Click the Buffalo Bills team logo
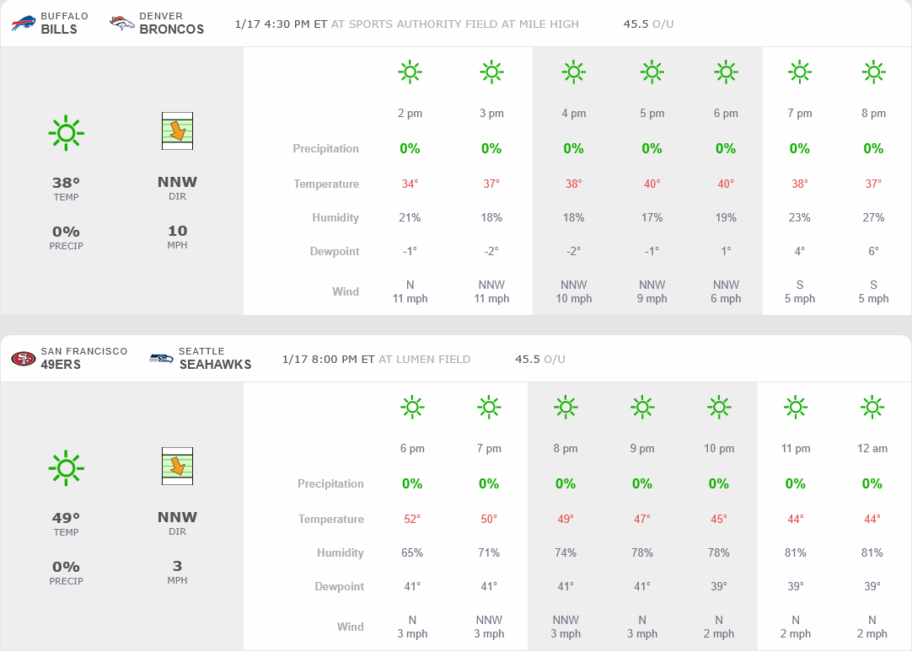click(24, 23)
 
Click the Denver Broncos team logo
click(122, 23)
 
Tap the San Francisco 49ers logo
click(24, 358)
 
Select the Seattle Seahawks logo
click(161, 358)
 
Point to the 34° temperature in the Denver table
click(410, 184)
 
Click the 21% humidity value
click(410, 217)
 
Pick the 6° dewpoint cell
click(873, 251)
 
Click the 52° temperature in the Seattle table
click(412, 519)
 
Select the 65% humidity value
click(412, 552)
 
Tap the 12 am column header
click(872, 448)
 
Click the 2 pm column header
click(410, 113)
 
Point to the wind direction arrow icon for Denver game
click(177, 131)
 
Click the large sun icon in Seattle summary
click(66, 467)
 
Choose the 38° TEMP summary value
click(66, 182)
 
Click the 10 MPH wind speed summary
click(177, 231)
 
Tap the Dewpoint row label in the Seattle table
click(340, 586)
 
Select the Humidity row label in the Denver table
click(335, 217)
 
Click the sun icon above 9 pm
click(642, 408)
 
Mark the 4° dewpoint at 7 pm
click(799, 251)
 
